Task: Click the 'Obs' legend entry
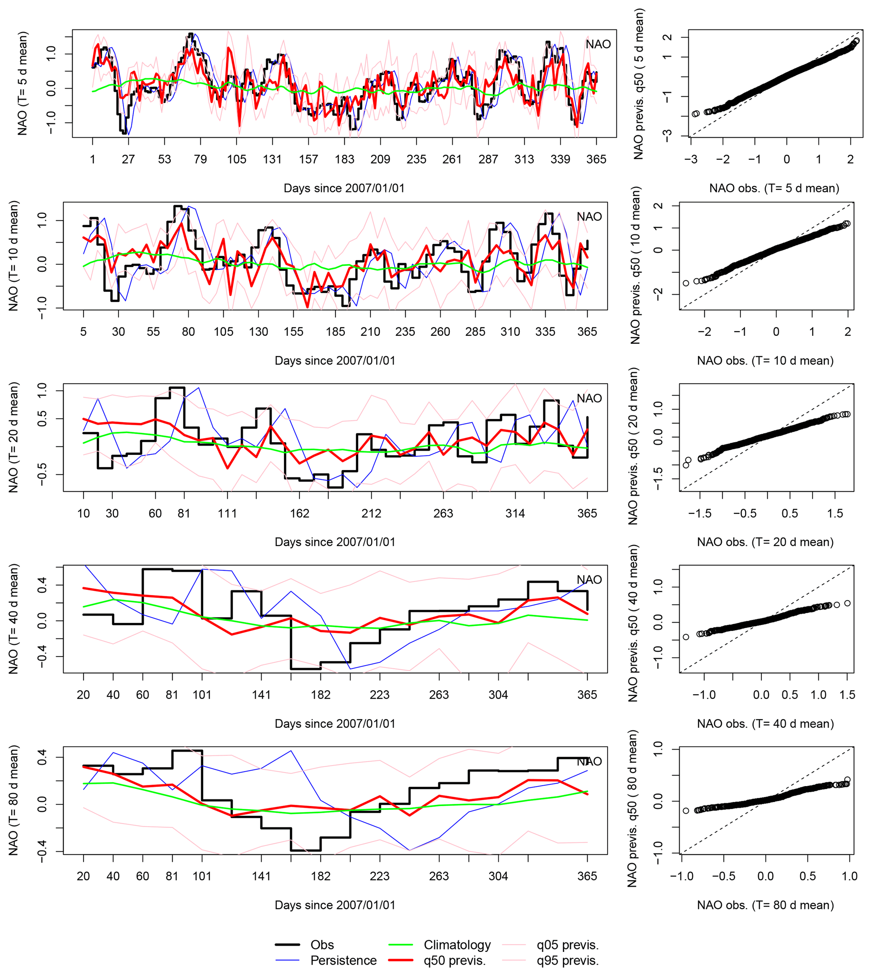click(322, 944)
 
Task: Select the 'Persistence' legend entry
click(343, 960)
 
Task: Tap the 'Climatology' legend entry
click(457, 944)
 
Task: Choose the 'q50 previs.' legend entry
click(454, 960)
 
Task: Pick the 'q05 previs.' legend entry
click(567, 944)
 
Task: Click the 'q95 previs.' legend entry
click(567, 960)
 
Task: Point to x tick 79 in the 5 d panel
click(200, 159)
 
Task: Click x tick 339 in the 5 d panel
click(560, 159)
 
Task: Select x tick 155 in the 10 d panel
click(293, 332)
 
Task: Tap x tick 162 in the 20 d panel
click(300, 513)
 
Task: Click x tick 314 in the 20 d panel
click(515, 513)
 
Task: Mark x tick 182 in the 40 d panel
click(321, 694)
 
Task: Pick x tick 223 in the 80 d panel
click(379, 876)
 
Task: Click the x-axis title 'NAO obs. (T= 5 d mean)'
click(774, 188)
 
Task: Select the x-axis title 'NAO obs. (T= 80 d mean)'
click(765, 905)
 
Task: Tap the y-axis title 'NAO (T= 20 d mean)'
click(13, 437)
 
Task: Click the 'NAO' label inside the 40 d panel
click(589, 580)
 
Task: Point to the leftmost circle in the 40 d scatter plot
click(686, 637)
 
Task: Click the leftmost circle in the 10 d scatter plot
click(686, 283)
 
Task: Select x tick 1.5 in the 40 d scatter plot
click(847, 694)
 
